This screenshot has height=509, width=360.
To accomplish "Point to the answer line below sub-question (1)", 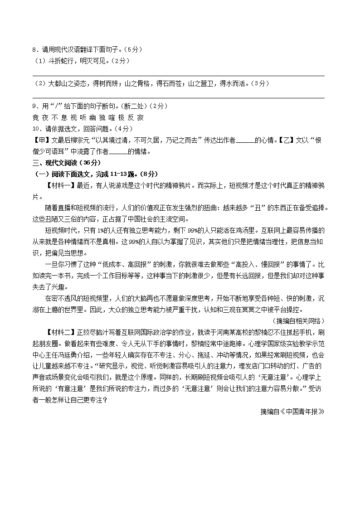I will [x=178, y=75].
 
